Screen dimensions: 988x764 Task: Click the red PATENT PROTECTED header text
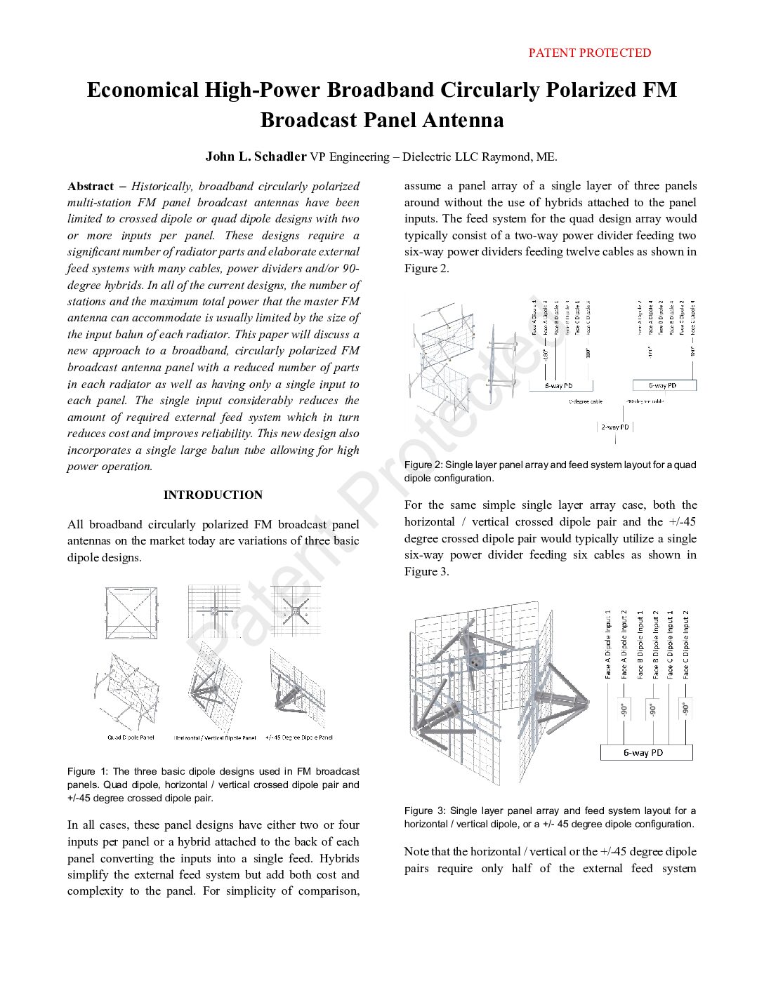coord(589,53)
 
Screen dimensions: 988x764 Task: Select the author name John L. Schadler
coord(256,156)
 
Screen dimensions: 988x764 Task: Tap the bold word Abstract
coord(91,186)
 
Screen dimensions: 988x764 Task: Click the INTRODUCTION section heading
coord(213,495)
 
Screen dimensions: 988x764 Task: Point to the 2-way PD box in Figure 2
coord(615,427)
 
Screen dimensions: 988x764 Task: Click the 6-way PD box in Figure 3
coord(646,752)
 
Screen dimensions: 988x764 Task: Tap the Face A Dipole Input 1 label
coord(608,644)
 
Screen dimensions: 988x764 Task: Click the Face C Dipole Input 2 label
coord(686,644)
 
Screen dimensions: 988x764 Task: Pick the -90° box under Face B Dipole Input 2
coord(654,709)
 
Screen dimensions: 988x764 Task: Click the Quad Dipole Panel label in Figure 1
coord(131,737)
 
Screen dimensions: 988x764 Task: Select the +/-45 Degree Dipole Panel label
coord(299,737)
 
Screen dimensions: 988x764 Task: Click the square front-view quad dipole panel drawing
coord(131,613)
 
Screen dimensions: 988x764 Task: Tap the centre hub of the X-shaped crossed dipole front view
coord(296,612)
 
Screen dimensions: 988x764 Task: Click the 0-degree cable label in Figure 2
coord(585,402)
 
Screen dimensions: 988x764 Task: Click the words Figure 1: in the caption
coord(88,771)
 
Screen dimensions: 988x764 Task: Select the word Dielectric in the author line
coord(426,156)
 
